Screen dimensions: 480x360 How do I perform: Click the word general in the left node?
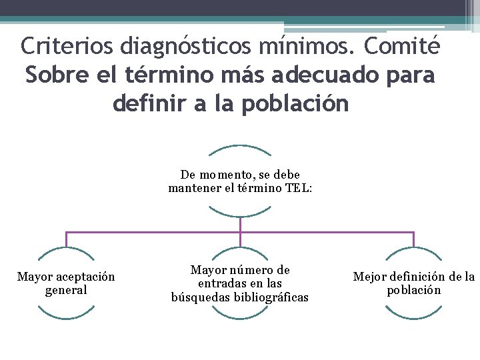(x=66, y=290)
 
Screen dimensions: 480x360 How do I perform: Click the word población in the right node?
(x=414, y=290)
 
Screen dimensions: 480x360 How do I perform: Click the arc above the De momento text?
(x=240, y=146)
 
